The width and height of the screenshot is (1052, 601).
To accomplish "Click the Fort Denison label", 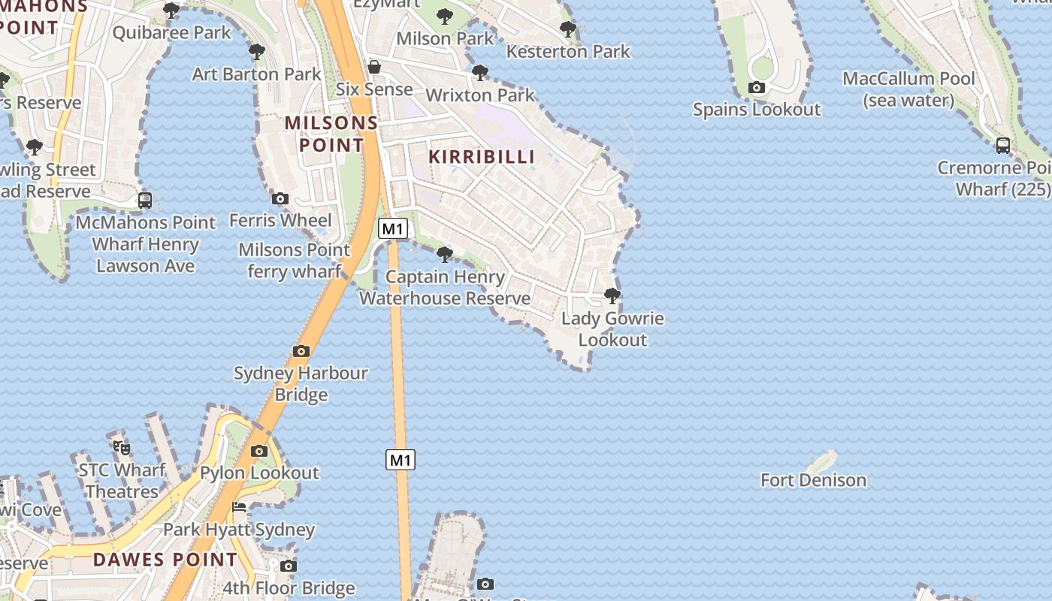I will click(813, 480).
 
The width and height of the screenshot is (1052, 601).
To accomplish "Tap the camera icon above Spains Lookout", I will click(757, 88).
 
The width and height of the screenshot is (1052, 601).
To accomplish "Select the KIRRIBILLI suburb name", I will click(482, 156).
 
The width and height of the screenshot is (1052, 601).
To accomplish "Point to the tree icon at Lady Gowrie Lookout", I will click(612, 295).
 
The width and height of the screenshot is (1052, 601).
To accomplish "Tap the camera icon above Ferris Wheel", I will click(280, 198).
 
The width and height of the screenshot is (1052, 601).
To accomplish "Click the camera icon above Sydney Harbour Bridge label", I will click(301, 351).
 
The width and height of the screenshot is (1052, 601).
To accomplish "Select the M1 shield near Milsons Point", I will click(393, 228).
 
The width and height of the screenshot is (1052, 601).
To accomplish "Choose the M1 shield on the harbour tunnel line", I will click(401, 460).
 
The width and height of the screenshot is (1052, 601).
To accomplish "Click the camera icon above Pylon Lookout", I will click(259, 451).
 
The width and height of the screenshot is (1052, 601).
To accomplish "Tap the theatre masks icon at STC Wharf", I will click(122, 448).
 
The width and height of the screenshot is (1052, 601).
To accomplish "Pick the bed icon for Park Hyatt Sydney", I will click(239, 507).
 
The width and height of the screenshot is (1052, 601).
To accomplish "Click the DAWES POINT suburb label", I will click(165, 560).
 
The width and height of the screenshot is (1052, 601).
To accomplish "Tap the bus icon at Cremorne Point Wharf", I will click(1002, 146).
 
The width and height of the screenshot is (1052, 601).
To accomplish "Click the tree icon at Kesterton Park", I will click(568, 29).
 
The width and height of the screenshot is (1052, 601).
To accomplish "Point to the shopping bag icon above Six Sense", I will click(373, 68).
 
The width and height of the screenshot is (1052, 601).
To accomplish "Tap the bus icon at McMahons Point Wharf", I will click(145, 201).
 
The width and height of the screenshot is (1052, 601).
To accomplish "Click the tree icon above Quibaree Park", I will click(171, 11).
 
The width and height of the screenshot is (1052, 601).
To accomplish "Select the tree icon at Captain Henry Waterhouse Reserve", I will click(445, 255).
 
